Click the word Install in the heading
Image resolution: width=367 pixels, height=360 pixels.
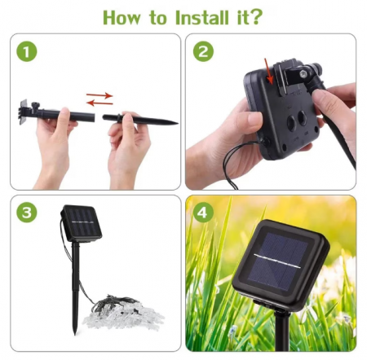tap(201, 17)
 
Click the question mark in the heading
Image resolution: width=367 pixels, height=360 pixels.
tap(255, 17)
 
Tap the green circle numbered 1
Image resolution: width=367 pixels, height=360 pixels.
tap(27, 51)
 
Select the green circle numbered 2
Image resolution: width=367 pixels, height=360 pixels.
tap(203, 51)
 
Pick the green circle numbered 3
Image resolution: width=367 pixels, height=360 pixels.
tap(27, 213)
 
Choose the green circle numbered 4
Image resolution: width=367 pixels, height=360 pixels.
tap(203, 213)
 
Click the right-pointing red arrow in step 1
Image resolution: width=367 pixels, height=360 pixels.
tap(99, 95)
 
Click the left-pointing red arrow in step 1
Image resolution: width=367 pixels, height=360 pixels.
tap(99, 103)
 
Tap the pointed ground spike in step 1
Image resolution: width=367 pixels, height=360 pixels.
tap(140, 120)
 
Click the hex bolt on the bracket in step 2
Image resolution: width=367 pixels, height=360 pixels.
tap(303, 74)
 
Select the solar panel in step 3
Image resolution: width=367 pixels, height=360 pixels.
tap(82, 223)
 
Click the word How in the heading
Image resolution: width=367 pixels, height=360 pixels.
tap(122, 17)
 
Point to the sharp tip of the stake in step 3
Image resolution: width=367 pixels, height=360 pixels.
tap(75, 334)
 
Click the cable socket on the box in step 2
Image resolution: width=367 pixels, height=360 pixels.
tap(264, 142)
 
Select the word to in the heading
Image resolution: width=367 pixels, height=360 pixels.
tap(157, 18)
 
